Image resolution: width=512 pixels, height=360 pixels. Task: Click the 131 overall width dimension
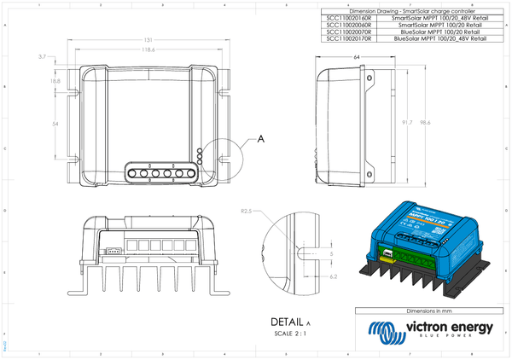(x=148, y=40)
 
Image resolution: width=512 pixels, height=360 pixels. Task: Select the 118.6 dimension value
(x=148, y=50)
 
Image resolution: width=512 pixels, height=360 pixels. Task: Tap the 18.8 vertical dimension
(x=55, y=80)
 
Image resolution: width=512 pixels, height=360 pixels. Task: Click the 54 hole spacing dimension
(x=55, y=124)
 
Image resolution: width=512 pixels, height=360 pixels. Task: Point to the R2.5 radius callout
(x=247, y=210)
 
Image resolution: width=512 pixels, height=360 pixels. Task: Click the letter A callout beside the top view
(x=260, y=136)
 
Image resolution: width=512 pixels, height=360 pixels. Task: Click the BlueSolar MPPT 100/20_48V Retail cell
(x=439, y=39)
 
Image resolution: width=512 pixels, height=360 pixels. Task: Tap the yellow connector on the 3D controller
(x=387, y=253)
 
